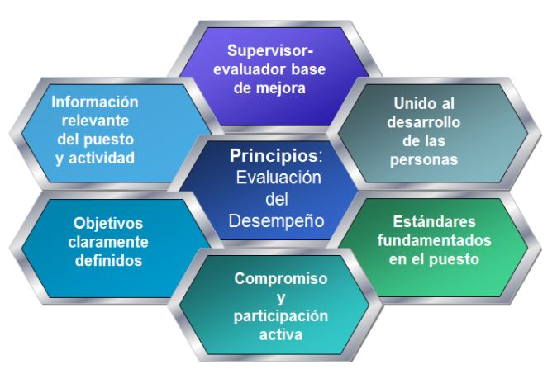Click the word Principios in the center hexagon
click(x=274, y=156)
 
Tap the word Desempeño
click(x=276, y=220)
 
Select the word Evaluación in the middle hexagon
click(x=278, y=177)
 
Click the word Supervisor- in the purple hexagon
click(x=270, y=50)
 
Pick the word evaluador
click(x=250, y=69)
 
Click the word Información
click(x=95, y=102)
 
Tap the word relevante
click(x=95, y=121)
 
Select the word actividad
click(x=102, y=158)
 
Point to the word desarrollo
click(x=424, y=122)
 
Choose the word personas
click(x=424, y=159)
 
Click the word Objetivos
click(x=108, y=224)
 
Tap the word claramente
click(x=108, y=242)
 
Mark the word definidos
click(x=109, y=260)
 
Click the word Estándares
click(x=434, y=222)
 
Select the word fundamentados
click(x=435, y=240)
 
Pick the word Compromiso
click(x=281, y=278)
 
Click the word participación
click(x=281, y=316)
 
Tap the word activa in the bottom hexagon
click(x=281, y=334)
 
